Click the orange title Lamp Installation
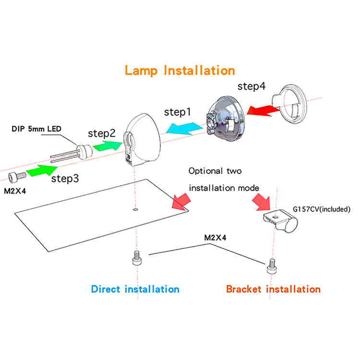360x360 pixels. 180,70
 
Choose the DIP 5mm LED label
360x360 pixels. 36,129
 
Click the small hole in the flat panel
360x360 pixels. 136,209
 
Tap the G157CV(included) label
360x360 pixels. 322,209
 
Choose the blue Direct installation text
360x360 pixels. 135,289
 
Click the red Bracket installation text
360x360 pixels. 273,289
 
